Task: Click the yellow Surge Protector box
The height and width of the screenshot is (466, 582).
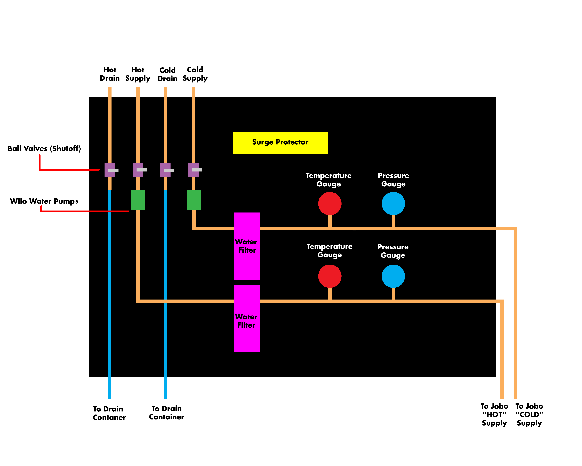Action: pos(280,143)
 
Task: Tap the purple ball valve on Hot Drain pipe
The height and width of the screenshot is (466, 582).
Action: pos(110,170)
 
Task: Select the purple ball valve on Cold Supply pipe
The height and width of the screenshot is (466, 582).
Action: pos(194,170)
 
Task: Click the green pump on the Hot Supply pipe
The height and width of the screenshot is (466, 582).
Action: pos(138,200)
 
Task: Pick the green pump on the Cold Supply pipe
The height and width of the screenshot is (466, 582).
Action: pos(194,200)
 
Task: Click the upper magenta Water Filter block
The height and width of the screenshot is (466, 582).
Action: pos(247,246)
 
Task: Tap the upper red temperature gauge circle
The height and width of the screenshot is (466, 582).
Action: pos(330,203)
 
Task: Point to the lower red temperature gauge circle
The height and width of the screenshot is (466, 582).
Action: pos(330,276)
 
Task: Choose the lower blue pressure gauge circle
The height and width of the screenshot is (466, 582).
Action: pos(393,276)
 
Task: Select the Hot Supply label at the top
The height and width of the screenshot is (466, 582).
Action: pos(138,74)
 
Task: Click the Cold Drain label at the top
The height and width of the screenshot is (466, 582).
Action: pos(167,74)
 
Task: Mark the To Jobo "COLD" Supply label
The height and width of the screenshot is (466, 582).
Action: pos(529,414)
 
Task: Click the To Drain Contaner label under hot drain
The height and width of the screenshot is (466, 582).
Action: pos(109,413)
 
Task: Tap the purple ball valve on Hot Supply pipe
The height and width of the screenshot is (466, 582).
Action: pos(138,170)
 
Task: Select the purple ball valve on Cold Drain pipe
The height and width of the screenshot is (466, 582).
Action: pos(165,170)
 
